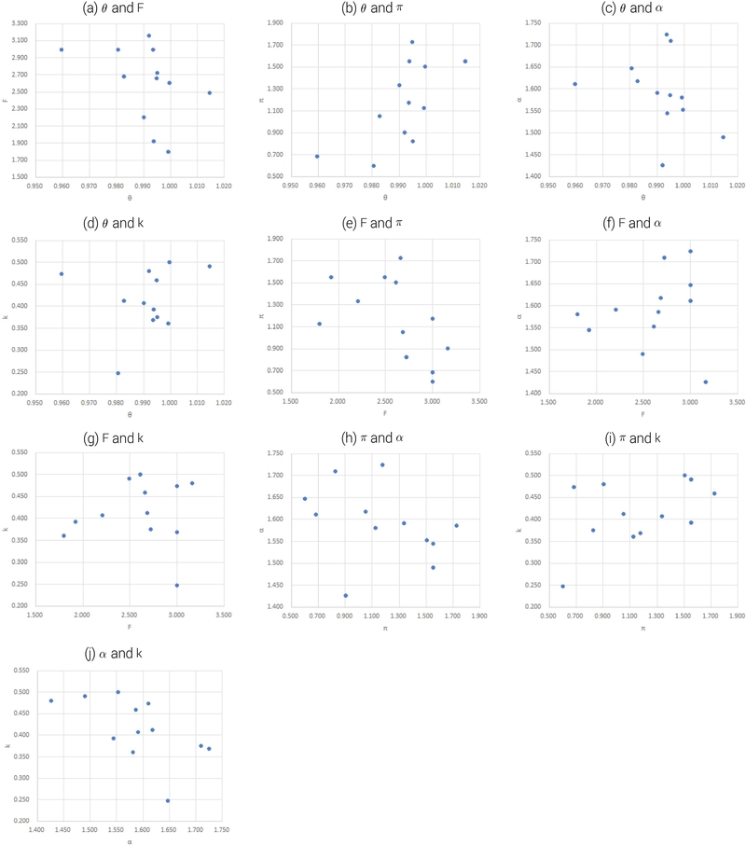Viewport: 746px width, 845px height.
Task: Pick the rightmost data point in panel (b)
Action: [x=465, y=62]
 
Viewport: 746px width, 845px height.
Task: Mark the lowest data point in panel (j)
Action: [x=168, y=800]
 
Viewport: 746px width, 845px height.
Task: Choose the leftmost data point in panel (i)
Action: [x=562, y=587]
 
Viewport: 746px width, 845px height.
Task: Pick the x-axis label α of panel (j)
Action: [x=129, y=841]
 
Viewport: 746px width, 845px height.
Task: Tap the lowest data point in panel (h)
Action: [x=346, y=595]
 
